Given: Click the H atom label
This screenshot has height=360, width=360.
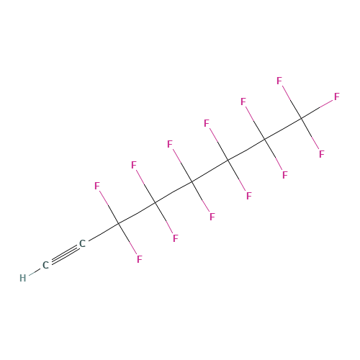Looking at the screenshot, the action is click(23, 278).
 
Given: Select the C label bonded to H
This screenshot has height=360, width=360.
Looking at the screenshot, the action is click(45, 265).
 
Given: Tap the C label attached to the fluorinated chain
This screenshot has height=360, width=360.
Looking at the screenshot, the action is click(82, 243).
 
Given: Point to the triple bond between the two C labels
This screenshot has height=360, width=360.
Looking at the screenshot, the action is click(64, 254).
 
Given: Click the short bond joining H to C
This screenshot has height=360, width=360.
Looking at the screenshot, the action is click(35, 271).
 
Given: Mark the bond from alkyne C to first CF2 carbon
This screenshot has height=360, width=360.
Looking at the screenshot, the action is click(104, 232).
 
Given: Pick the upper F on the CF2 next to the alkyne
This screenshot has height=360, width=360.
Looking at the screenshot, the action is click(97, 186).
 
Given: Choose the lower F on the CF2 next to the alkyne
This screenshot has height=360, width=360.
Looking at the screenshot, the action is click(140, 259).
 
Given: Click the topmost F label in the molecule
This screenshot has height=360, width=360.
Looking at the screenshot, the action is click(279, 81).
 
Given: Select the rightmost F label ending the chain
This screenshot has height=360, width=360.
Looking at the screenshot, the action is click(337, 96).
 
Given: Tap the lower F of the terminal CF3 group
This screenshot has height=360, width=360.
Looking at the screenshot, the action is click(322, 154).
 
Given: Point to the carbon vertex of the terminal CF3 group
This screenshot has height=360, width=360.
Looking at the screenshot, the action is click(301, 118).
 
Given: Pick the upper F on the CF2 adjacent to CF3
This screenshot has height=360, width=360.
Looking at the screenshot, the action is click(243, 102).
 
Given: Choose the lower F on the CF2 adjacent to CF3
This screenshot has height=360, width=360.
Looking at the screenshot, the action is click(285, 175).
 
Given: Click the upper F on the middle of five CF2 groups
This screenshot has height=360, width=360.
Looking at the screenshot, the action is click(170, 144).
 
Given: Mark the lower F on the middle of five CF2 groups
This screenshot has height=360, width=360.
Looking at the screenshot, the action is click(212, 217).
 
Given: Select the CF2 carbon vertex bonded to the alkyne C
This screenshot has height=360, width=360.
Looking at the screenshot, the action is click(119, 223).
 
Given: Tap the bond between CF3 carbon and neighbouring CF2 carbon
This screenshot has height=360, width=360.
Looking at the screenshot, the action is click(283, 129).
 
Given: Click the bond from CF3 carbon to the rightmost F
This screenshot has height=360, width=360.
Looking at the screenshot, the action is click(317, 109).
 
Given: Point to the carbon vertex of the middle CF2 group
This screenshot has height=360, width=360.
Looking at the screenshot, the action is click(192, 181).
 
